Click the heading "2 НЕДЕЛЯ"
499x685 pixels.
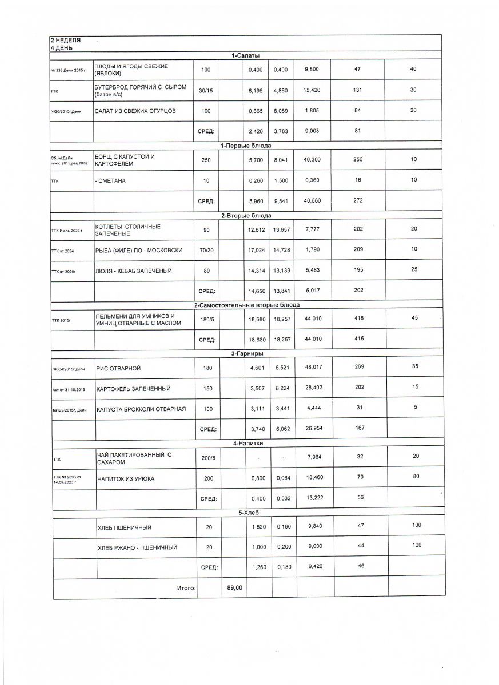pos(66,41)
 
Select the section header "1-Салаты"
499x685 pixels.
pos(246,55)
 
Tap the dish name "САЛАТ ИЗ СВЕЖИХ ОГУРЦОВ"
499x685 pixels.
pos(132,111)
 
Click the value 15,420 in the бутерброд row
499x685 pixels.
pos(312,90)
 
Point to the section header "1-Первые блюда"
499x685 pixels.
pos(246,146)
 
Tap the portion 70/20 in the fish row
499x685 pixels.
pos(206,249)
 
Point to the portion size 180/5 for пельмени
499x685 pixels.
pos(206,319)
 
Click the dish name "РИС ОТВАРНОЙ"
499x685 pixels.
pos(119,368)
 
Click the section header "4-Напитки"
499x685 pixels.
pos(246,443)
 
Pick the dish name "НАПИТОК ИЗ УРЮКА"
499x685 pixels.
pos(126,478)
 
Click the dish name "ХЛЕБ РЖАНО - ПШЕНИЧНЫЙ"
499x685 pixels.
pos(137,547)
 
